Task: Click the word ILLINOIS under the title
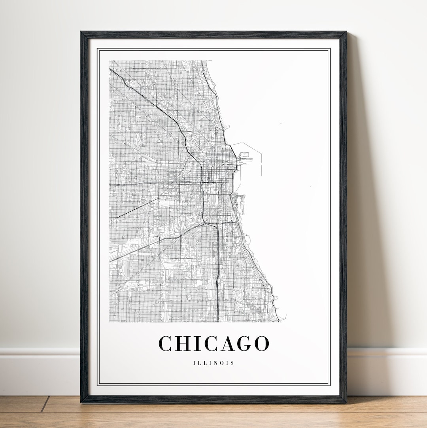[x=213, y=363]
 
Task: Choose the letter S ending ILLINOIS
[x=232, y=363]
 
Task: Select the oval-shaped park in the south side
[x=189, y=296]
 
